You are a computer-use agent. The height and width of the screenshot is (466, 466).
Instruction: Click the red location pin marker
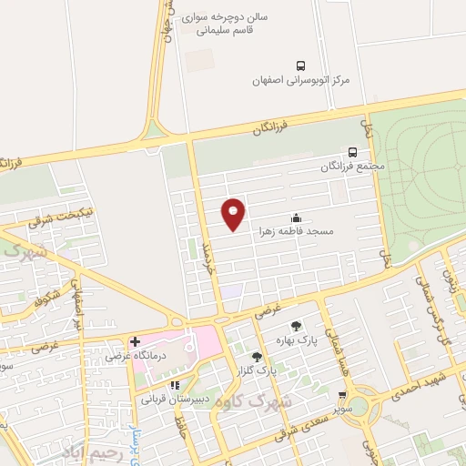click(x=234, y=213)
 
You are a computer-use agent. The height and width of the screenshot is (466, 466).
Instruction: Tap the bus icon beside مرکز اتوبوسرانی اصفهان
click(x=301, y=65)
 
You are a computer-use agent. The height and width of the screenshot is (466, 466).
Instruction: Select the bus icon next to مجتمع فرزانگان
click(x=352, y=153)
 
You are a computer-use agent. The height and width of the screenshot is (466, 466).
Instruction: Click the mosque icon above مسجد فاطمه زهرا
click(x=296, y=218)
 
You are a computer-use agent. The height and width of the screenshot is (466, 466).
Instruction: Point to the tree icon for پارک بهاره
click(x=295, y=326)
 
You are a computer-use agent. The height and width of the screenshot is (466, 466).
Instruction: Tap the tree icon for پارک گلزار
click(x=257, y=356)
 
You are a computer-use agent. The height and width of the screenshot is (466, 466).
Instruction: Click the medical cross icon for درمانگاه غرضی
click(x=135, y=342)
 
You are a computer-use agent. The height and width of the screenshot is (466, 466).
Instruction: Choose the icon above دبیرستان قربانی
click(x=175, y=384)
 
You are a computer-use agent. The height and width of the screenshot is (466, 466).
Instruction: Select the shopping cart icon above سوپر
click(x=341, y=396)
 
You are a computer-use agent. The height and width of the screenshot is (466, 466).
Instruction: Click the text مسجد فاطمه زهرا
click(x=296, y=231)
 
